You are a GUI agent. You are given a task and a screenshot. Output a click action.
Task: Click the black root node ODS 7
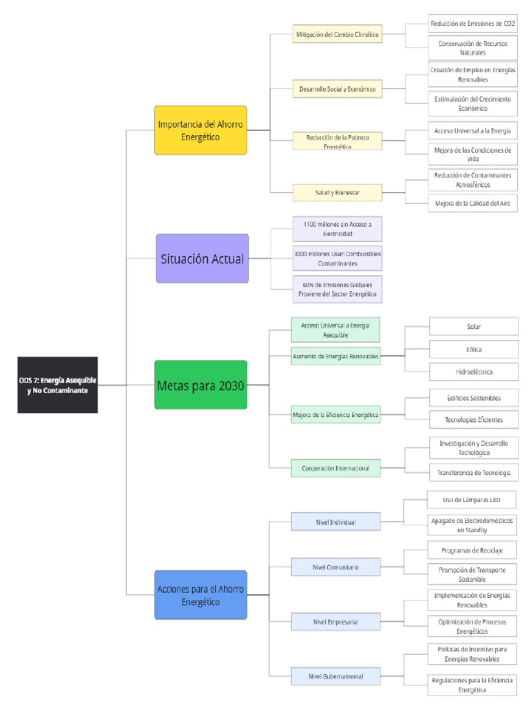[x=57, y=385]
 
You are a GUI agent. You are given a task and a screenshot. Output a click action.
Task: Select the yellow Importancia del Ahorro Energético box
[x=200, y=130]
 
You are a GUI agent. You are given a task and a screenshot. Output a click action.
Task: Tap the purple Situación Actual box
[x=202, y=259]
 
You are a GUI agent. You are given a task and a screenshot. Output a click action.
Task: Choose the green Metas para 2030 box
[x=200, y=385]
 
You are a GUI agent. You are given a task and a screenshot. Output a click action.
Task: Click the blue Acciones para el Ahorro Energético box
[x=200, y=595]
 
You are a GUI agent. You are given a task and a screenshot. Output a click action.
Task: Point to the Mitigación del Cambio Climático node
[x=337, y=34]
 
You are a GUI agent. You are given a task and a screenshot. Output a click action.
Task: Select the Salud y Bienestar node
[x=337, y=192]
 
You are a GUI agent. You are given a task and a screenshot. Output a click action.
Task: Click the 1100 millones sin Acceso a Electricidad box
[x=337, y=229]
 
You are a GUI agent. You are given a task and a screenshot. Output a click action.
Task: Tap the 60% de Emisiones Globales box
[x=337, y=288]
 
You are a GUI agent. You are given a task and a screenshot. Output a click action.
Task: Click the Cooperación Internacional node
[x=335, y=468]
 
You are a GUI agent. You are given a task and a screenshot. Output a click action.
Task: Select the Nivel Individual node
[x=335, y=522]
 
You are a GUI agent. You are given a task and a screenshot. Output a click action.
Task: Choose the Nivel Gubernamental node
[x=335, y=676]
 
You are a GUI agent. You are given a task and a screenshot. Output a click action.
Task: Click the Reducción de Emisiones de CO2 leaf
[x=473, y=23]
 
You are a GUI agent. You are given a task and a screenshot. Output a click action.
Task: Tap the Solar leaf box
[x=473, y=326]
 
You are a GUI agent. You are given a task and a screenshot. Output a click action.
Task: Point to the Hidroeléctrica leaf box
[x=473, y=372]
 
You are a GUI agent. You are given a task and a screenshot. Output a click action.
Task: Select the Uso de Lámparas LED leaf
[x=472, y=500]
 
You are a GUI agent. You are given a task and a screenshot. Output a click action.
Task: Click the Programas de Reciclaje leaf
[x=472, y=550]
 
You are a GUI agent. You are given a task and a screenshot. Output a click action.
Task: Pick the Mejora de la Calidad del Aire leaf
[x=473, y=203]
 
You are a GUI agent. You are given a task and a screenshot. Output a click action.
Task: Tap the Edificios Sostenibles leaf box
[x=473, y=398]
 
